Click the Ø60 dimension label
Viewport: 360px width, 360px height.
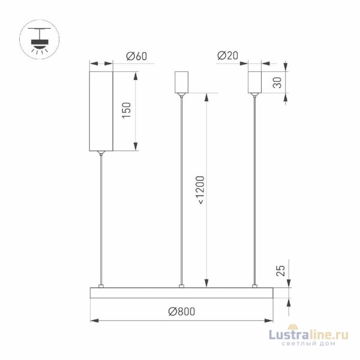[x=137, y=56]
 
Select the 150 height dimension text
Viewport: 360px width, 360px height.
[x=126, y=111]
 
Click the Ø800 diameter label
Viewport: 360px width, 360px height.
[x=181, y=311]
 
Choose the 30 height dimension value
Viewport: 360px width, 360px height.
[x=277, y=83]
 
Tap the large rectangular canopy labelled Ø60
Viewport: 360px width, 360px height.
[x=101, y=111]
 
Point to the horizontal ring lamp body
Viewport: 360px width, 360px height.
[x=181, y=292]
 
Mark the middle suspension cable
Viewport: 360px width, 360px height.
[x=181, y=192]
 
